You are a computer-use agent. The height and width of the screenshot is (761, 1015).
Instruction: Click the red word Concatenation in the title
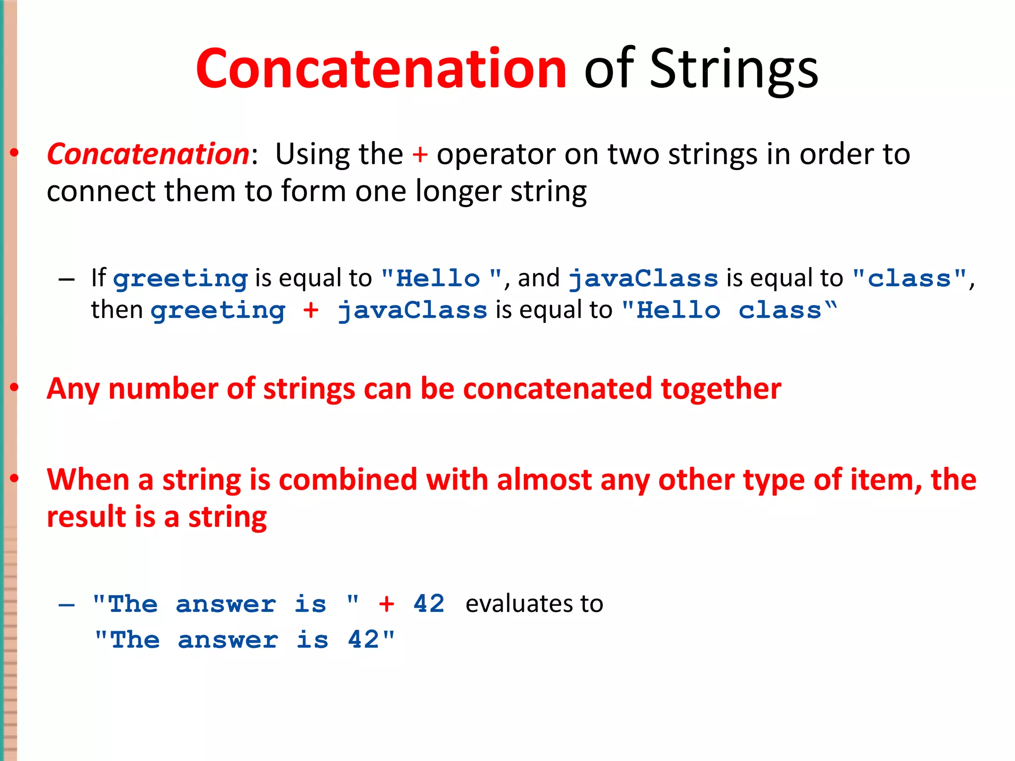pos(381,69)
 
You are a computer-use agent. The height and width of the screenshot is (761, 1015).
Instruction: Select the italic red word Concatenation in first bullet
pos(148,154)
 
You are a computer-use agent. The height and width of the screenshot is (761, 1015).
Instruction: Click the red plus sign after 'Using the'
pos(420,155)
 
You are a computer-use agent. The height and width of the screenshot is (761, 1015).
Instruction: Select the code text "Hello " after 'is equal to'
pos(442,278)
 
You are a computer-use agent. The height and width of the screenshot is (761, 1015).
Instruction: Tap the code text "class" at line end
pos(909,278)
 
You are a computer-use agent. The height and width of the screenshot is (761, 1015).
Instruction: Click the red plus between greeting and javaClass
pos(311,311)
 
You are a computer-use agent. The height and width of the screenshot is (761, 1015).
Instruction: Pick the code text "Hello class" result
pos(729,311)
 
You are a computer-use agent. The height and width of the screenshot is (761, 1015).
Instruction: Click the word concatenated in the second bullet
pos(558,388)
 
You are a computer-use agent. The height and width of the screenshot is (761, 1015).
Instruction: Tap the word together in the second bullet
pos(721,388)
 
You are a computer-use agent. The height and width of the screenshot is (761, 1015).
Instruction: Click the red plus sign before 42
pos(387,604)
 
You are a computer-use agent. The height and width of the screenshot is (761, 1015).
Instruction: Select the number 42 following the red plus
pos(429,604)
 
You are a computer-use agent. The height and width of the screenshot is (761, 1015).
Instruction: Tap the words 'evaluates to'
pos(534,604)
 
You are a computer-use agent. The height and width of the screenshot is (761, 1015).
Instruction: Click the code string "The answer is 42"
pos(244,640)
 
